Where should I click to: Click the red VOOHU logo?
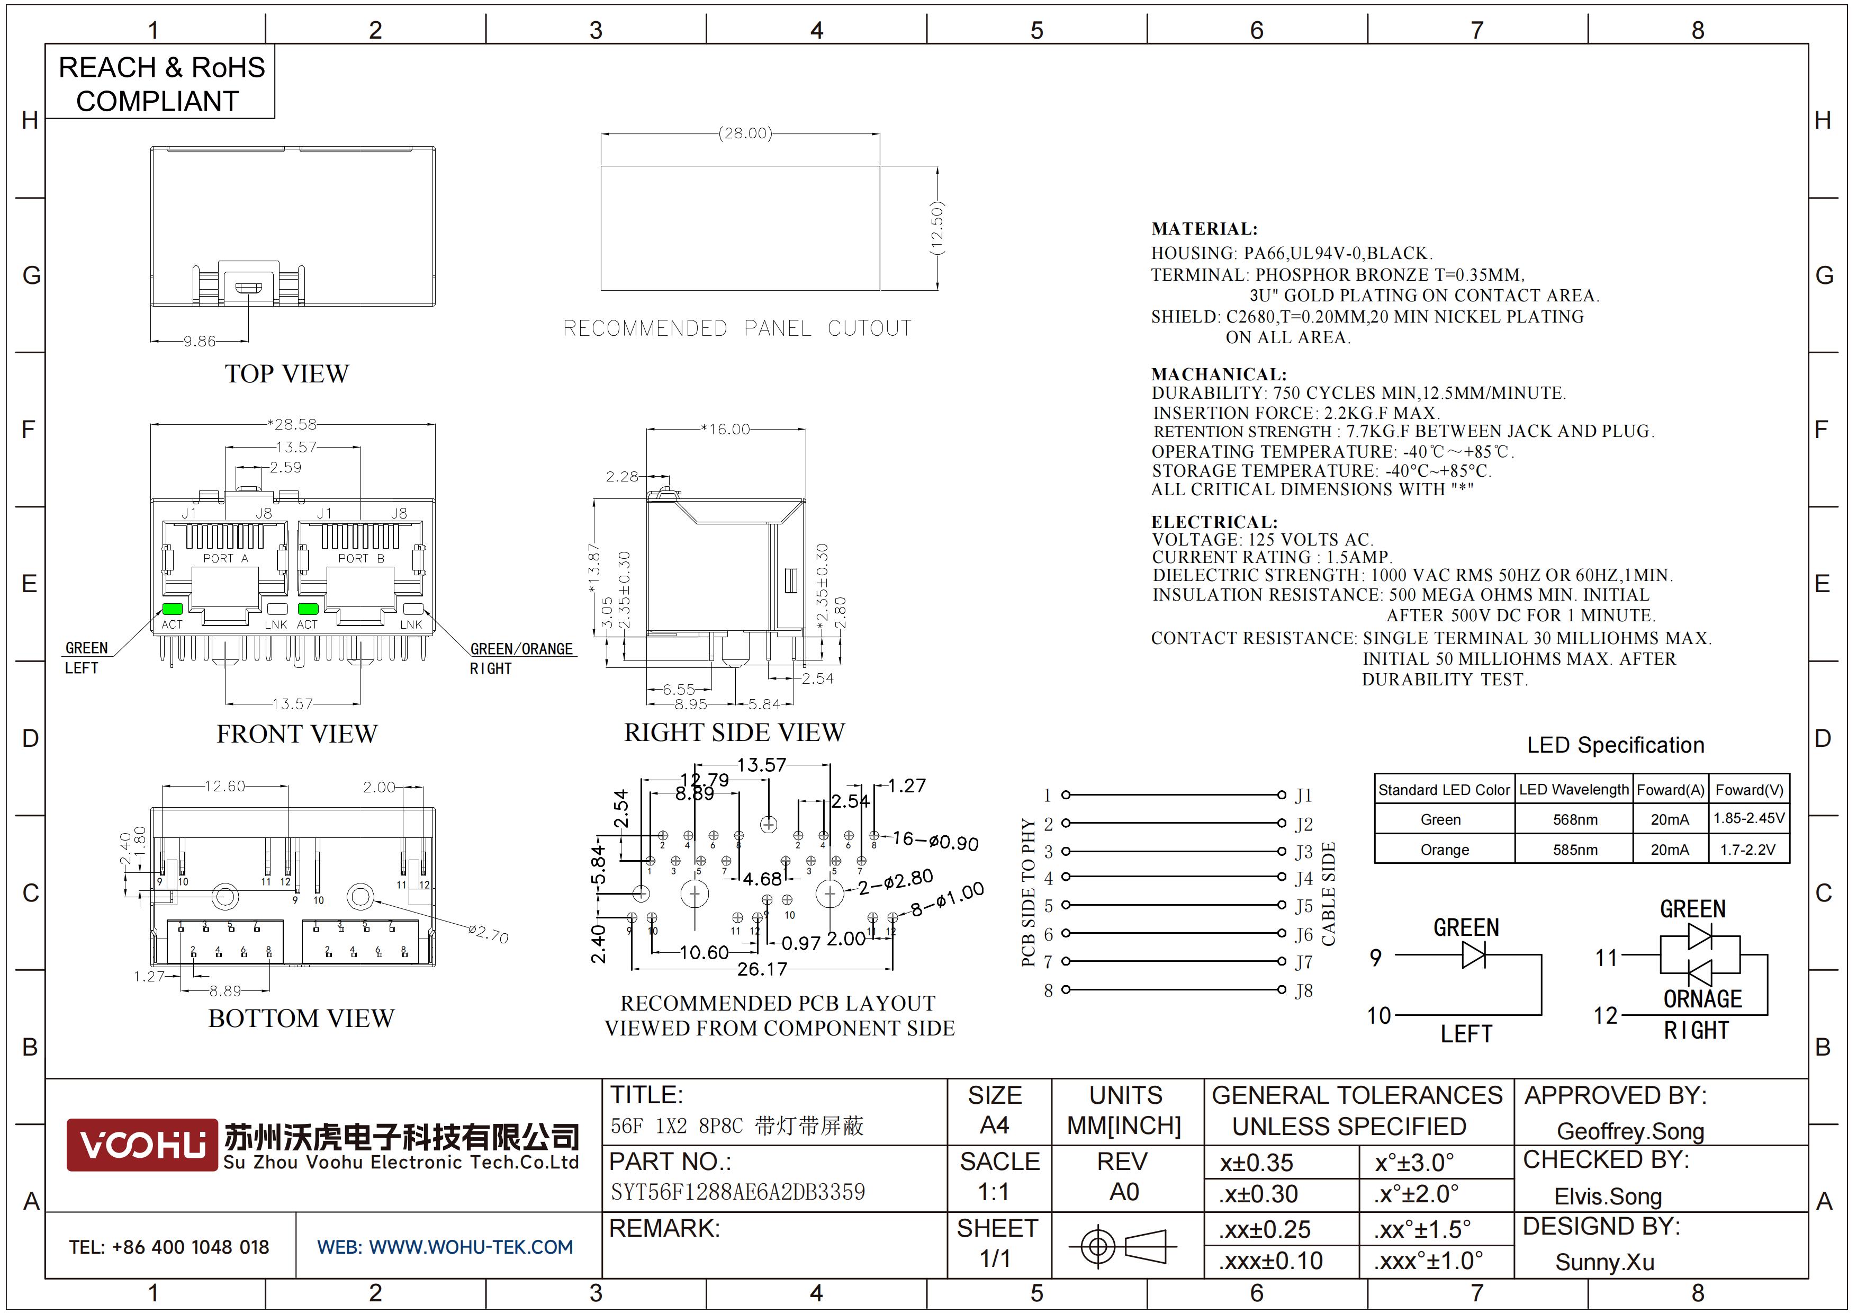[x=142, y=1145]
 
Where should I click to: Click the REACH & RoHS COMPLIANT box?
[x=161, y=83]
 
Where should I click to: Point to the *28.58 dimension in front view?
[x=293, y=424]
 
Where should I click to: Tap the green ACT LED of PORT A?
[x=172, y=609]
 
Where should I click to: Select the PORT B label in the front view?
[x=360, y=558]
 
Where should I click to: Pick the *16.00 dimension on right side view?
[x=726, y=429]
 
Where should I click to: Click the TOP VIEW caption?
[x=287, y=374]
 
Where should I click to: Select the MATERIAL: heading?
[x=1204, y=229]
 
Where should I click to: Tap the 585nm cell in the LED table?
[x=1575, y=850]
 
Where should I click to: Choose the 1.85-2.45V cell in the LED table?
[x=1748, y=819]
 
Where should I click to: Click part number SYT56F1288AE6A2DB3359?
[x=737, y=1192]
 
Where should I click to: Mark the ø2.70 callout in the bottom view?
[x=489, y=934]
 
